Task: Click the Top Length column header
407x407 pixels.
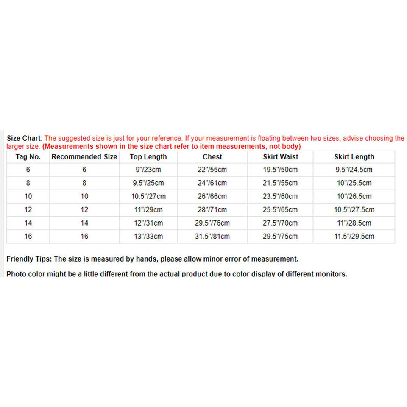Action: pyautogui.click(x=148, y=157)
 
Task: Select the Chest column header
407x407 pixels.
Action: pyautogui.click(x=212, y=157)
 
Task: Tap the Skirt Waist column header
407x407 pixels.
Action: pyautogui.click(x=280, y=157)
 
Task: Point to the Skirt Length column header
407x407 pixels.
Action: pyautogui.click(x=354, y=157)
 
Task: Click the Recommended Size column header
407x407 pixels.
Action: pyautogui.click(x=84, y=157)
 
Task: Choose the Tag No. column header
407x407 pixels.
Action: pyautogui.click(x=28, y=157)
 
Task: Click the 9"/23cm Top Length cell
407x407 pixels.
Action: pyautogui.click(x=148, y=170)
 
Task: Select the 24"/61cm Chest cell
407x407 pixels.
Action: pyautogui.click(x=212, y=183)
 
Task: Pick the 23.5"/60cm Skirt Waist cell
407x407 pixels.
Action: pyautogui.click(x=280, y=196)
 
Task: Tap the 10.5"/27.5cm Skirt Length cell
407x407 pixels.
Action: pyautogui.click(x=354, y=209)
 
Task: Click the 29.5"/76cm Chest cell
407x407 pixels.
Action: pyautogui.click(x=212, y=223)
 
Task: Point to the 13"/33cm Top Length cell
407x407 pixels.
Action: pyautogui.click(x=148, y=236)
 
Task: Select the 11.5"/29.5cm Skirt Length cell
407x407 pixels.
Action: pyautogui.click(x=354, y=236)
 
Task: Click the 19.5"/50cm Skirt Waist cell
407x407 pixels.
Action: pyautogui.click(x=280, y=170)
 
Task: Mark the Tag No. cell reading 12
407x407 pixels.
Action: pyautogui.click(x=28, y=209)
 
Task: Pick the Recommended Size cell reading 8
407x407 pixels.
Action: pyautogui.click(x=84, y=183)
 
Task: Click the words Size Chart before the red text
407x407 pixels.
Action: pyautogui.click(x=24, y=138)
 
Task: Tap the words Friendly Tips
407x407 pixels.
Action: pyautogui.click(x=28, y=259)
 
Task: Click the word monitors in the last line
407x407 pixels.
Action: pyautogui.click(x=331, y=274)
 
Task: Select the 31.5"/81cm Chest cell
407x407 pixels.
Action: pyautogui.click(x=212, y=236)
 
